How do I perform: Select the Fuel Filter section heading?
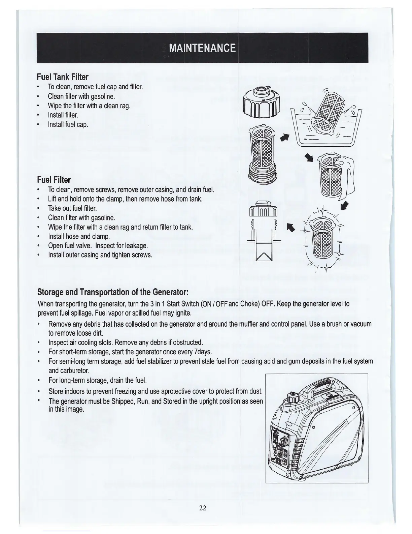54,180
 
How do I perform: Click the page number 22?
202,508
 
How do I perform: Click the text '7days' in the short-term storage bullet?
203,352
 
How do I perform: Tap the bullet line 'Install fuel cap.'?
68,125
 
